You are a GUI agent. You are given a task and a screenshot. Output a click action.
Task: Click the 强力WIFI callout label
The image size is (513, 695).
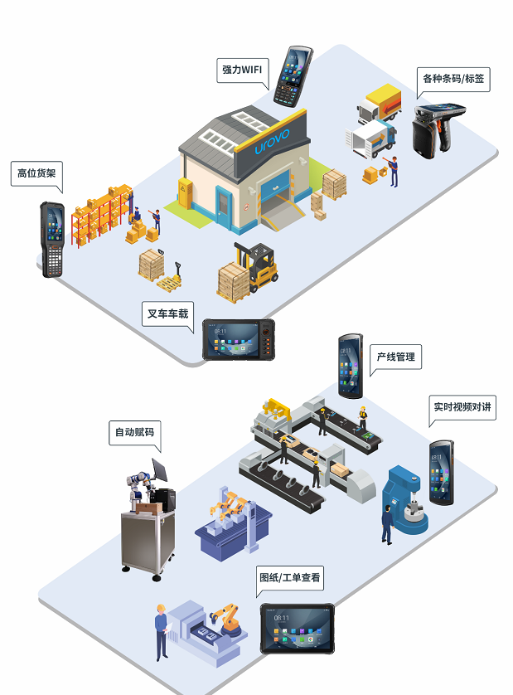click(241, 70)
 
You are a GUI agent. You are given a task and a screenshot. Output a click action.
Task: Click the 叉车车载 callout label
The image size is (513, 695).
click(167, 313)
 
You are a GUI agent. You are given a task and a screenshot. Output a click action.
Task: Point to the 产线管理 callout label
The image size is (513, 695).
click(395, 357)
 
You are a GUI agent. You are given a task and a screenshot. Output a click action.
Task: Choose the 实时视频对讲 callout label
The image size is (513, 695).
click(462, 407)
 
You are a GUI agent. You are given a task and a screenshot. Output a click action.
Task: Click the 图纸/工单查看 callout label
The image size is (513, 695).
click(290, 577)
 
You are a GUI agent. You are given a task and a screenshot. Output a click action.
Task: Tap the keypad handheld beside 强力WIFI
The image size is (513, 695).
click(294, 75)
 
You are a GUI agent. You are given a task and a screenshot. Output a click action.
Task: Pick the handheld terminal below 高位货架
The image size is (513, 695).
click(52, 238)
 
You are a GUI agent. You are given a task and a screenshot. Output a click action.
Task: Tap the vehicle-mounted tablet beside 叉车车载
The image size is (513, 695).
click(239, 339)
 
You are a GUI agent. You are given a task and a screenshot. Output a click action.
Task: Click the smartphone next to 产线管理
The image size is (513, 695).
click(350, 365)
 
